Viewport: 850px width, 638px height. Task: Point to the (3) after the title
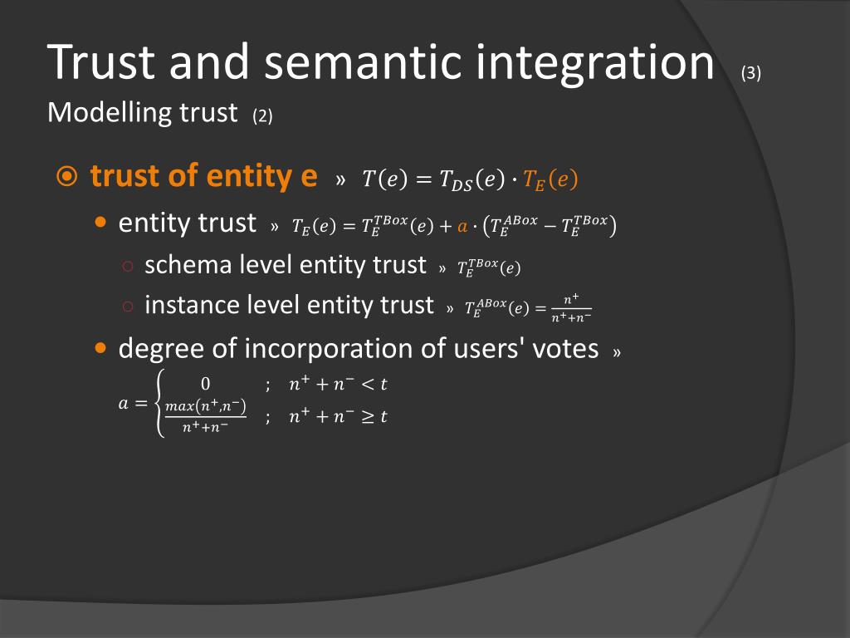coord(751,73)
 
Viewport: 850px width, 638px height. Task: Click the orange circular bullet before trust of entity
coord(67,177)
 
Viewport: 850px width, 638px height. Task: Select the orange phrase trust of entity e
coord(203,176)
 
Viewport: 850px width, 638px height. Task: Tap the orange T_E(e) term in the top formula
coord(550,179)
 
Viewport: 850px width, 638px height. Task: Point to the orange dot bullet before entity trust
coord(101,223)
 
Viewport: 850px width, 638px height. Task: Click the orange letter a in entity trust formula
coord(463,226)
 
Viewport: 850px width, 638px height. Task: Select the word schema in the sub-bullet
coord(188,265)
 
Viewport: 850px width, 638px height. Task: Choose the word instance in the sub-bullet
coord(192,305)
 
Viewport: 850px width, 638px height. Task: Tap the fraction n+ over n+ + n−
coord(570,307)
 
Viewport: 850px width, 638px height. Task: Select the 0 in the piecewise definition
coord(206,384)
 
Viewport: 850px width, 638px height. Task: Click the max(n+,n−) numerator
coord(206,405)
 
